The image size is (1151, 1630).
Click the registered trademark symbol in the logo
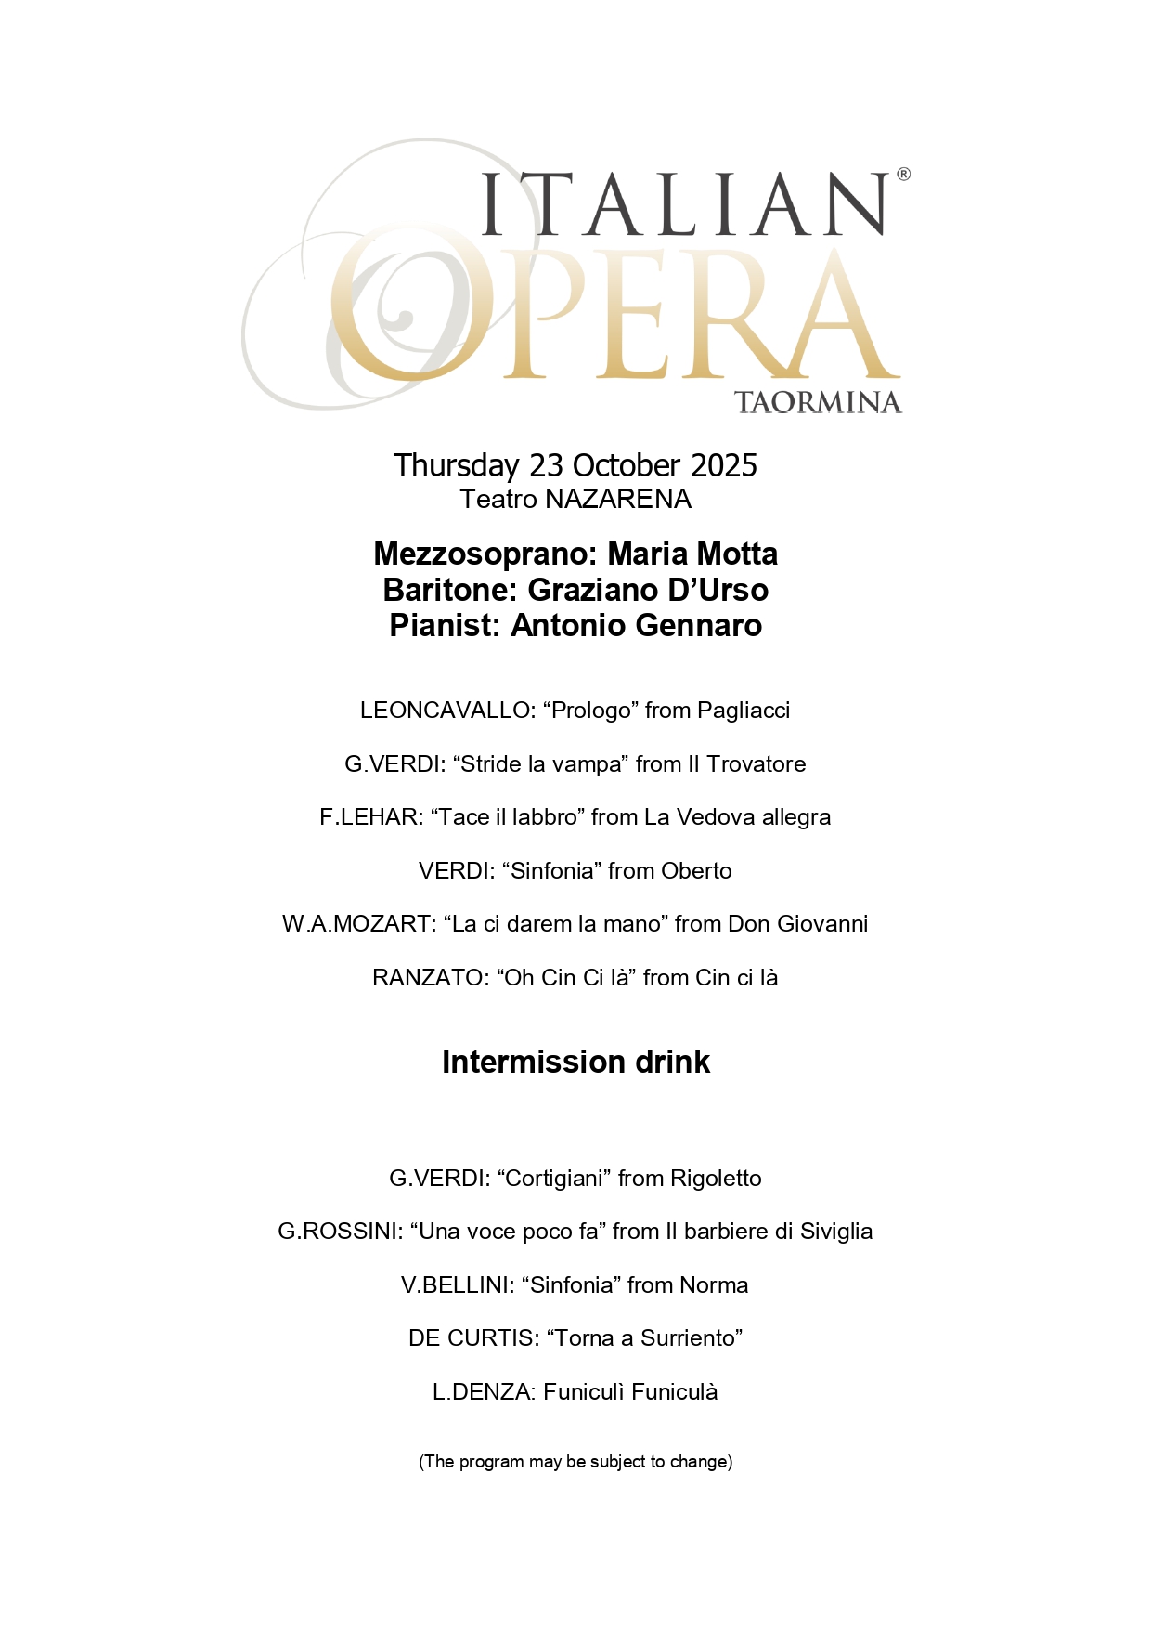pyautogui.click(x=903, y=174)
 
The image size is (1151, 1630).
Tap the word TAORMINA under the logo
pyautogui.click(x=818, y=403)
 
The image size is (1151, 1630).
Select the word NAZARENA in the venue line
pyautogui.click(x=618, y=500)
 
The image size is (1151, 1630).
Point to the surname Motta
pyautogui.click(x=737, y=554)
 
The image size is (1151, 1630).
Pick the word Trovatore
pyautogui.click(x=756, y=764)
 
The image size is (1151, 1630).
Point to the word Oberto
pyautogui.click(x=696, y=871)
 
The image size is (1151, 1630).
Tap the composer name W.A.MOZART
pyautogui.click(x=358, y=924)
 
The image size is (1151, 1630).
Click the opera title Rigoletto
pyautogui.click(x=716, y=1179)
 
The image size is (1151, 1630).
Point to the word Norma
pyautogui.click(x=714, y=1285)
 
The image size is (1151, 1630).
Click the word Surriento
pyautogui.click(x=690, y=1338)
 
